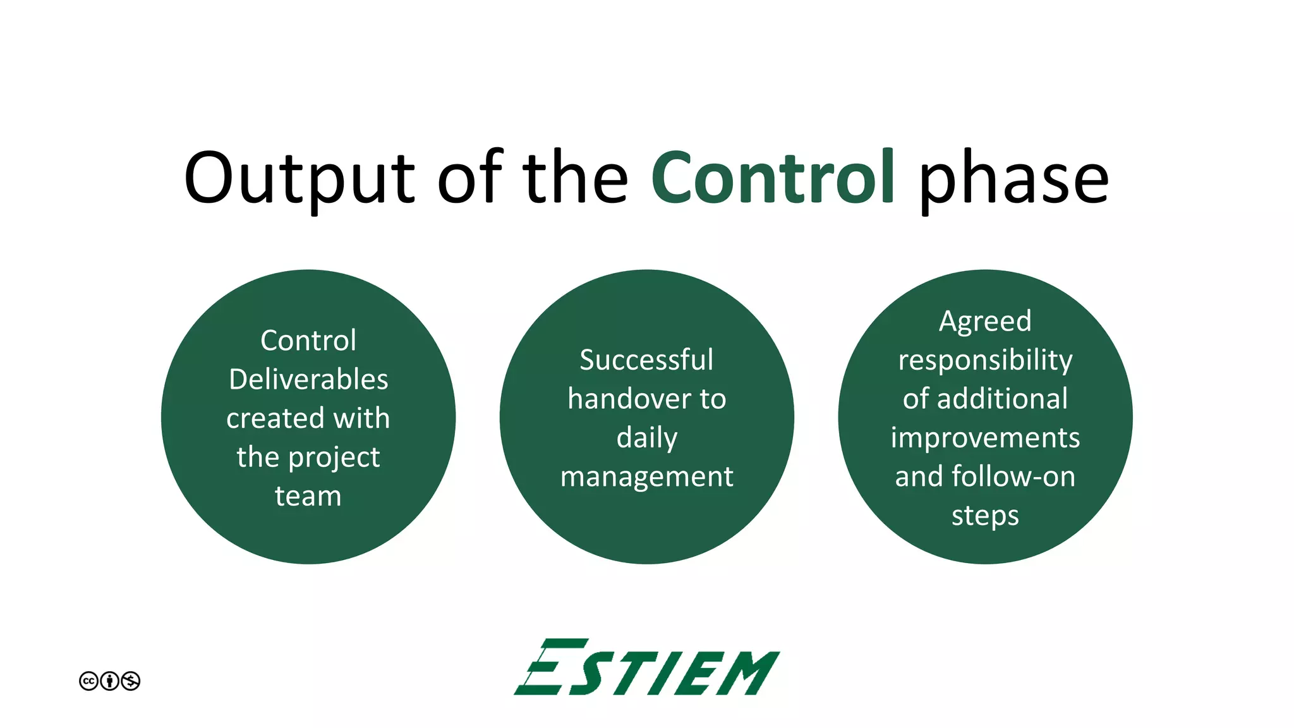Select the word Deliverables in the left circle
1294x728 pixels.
tap(308, 379)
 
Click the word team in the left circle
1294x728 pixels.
tap(308, 496)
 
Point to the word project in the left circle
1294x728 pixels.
tap(343, 458)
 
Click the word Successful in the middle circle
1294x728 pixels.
tap(646, 360)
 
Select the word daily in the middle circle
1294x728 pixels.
tap(646, 438)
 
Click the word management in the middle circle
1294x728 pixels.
tap(646, 477)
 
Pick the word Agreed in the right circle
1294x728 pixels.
tap(985, 322)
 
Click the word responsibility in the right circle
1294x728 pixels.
tap(985, 361)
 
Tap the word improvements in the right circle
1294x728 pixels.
tap(985, 438)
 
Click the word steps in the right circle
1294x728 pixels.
tap(985, 516)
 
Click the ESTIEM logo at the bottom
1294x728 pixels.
tap(646, 668)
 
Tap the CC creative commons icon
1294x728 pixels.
tap(88, 681)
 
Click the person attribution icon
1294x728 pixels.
tap(109, 681)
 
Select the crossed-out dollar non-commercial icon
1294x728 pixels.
tap(130, 681)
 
